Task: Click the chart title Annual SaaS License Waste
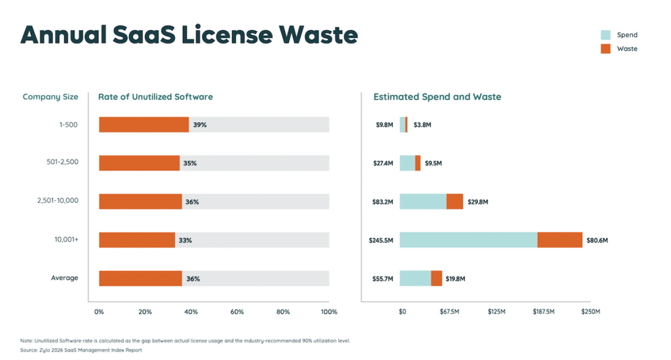(x=189, y=35)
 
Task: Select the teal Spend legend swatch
(x=605, y=35)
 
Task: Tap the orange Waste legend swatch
(x=605, y=49)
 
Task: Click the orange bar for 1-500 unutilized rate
(x=144, y=125)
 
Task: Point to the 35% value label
(x=190, y=163)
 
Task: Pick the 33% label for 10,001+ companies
(x=185, y=240)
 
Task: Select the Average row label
(x=64, y=278)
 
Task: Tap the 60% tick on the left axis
(x=237, y=311)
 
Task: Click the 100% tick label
(x=328, y=311)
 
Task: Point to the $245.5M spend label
(x=381, y=240)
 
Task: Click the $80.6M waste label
(x=597, y=240)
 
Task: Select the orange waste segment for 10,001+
(x=560, y=240)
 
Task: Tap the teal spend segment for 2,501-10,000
(x=423, y=201)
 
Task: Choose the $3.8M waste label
(x=422, y=125)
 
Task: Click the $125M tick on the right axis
(x=496, y=311)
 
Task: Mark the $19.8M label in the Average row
(x=455, y=279)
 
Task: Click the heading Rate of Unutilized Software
(x=155, y=97)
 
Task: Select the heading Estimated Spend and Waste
(x=437, y=97)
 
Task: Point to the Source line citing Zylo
(x=81, y=350)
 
